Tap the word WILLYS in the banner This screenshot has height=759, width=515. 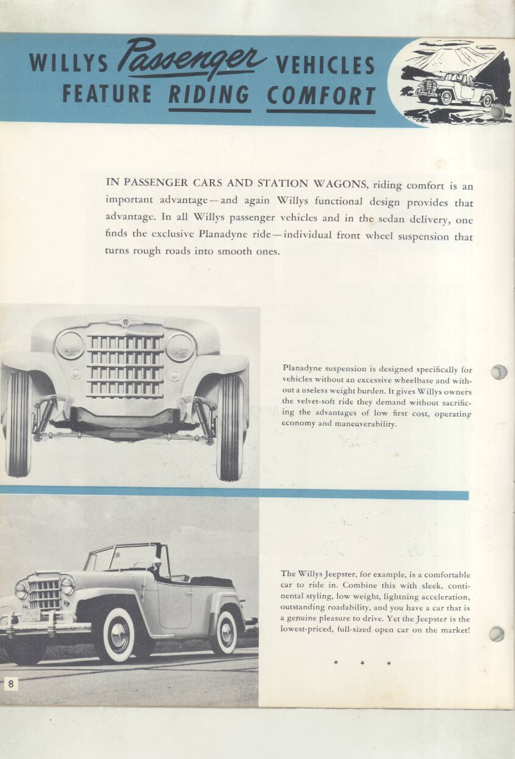pos(68,63)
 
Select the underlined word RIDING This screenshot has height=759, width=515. pos(209,95)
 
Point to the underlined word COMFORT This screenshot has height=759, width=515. pos(321,96)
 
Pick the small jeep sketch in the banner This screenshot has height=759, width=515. pos(455,88)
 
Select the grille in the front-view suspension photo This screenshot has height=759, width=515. pos(125,364)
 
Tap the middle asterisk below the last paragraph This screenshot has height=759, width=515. pos(361,663)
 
